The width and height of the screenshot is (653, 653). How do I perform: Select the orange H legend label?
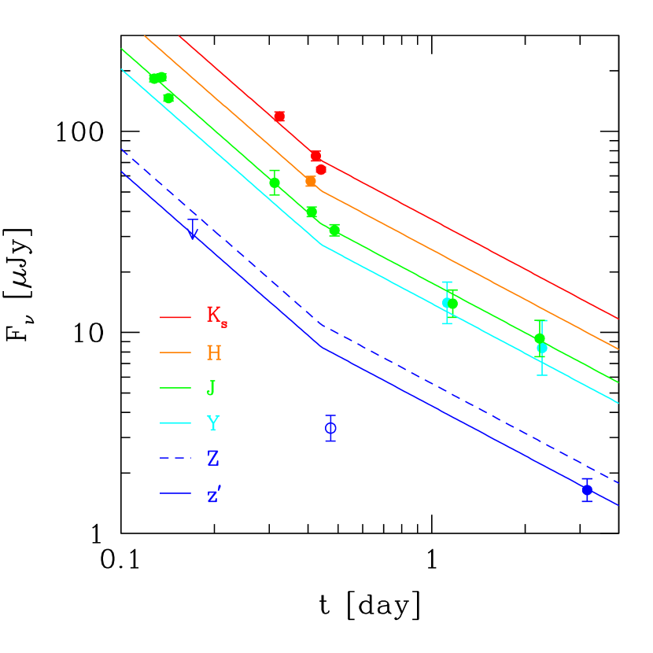214,352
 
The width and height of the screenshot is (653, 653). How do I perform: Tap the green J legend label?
211,388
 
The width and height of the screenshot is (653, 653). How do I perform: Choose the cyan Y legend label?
213,423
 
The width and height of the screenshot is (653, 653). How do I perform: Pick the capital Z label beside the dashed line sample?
213,459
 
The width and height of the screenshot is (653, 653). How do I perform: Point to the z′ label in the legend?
214,495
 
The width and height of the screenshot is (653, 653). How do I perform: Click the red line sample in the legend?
175,317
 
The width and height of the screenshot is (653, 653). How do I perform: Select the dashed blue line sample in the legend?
175,458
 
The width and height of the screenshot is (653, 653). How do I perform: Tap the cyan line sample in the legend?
175,423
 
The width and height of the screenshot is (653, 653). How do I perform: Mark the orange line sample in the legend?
175,352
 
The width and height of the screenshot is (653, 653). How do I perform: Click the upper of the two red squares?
279,116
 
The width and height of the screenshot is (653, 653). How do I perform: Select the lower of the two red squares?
315,156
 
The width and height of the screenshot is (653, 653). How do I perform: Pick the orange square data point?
311,181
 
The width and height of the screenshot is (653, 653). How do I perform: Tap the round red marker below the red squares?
321,169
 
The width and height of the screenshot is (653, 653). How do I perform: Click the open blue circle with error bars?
330,428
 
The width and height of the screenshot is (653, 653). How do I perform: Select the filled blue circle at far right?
587,489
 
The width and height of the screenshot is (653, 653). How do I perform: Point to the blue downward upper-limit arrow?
193,231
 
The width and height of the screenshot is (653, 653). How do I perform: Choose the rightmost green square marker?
334,230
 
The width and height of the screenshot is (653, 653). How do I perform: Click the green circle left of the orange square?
275,183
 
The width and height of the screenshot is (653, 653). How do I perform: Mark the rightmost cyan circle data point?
542,348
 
